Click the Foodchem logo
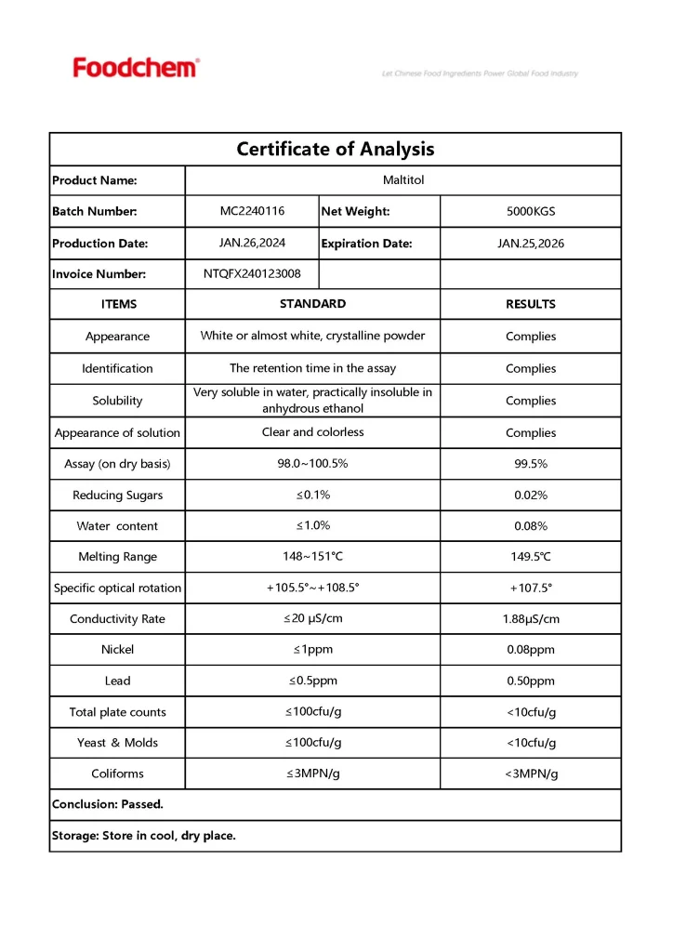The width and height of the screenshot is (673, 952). (136, 67)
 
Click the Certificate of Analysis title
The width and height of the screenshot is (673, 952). (335, 149)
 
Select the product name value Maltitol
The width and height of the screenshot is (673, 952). (403, 180)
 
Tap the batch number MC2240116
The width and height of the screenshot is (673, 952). (252, 211)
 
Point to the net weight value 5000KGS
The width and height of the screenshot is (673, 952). (531, 212)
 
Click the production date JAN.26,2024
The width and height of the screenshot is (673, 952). (252, 243)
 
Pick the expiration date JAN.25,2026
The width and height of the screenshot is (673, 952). (531, 244)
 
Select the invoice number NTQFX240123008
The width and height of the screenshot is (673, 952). (252, 274)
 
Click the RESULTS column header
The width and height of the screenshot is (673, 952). (531, 304)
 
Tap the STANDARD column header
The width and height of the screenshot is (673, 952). (312, 304)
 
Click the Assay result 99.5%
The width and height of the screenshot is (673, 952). (531, 464)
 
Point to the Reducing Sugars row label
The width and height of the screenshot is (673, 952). (117, 496)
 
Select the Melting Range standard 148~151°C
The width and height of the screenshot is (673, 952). (312, 557)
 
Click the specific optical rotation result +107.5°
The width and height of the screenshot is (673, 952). (531, 588)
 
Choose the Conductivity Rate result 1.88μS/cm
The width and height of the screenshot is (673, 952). (531, 619)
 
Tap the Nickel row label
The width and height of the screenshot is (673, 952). (117, 650)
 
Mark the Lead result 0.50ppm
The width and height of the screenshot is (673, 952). (531, 681)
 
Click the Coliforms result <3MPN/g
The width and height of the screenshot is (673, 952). (531, 773)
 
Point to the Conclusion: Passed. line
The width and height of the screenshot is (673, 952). (108, 804)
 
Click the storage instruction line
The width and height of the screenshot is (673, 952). (144, 836)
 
